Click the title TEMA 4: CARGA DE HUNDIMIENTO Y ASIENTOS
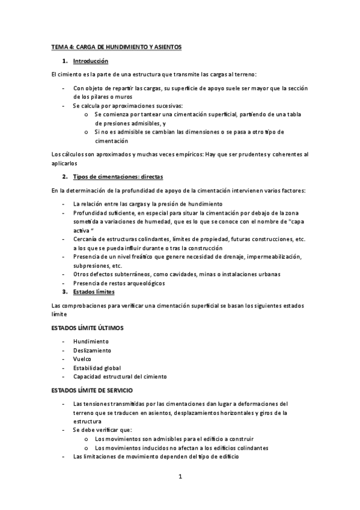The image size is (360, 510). click(x=116, y=46)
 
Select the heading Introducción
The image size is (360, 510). click(x=90, y=61)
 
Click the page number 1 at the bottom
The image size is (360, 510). click(x=180, y=478)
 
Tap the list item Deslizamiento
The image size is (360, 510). click(x=93, y=350)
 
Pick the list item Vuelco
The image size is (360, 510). click(x=82, y=359)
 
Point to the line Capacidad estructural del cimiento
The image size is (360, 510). click(x=120, y=376)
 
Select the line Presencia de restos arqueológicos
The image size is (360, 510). click(x=119, y=283)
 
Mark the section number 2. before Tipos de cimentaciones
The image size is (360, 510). click(x=65, y=177)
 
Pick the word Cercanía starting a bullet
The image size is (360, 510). click(x=86, y=239)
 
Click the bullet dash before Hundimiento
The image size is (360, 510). click(x=64, y=341)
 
